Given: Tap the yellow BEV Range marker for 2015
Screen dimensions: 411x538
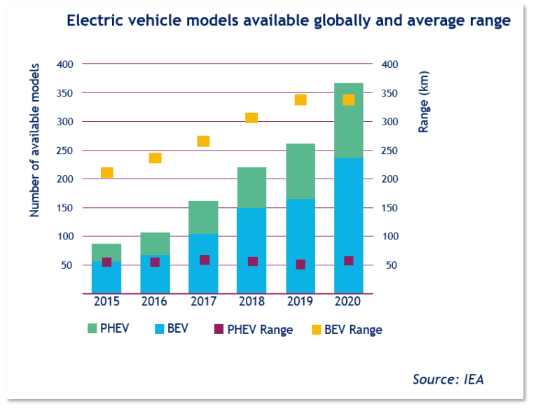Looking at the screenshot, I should pos(107,172).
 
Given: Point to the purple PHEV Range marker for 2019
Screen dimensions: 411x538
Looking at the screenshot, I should pos(301,265).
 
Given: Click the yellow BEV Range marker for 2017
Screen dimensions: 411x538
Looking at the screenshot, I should pos(204,141).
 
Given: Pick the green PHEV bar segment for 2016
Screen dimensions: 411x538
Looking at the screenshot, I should pos(155,243).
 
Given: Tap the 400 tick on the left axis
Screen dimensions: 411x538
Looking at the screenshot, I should pos(64,64).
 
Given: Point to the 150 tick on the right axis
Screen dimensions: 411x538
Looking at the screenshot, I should pos(390,208).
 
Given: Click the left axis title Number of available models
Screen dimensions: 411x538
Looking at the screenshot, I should pos(34,140).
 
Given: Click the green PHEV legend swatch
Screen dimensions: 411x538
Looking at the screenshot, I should pos(92,328).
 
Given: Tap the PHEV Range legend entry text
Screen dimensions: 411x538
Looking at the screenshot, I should pos(261,329).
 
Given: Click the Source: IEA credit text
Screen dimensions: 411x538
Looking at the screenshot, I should pos(448,379).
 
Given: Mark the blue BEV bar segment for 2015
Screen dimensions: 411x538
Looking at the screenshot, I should pos(106,277).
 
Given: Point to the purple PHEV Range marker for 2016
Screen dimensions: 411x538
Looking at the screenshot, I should pos(155,262).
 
